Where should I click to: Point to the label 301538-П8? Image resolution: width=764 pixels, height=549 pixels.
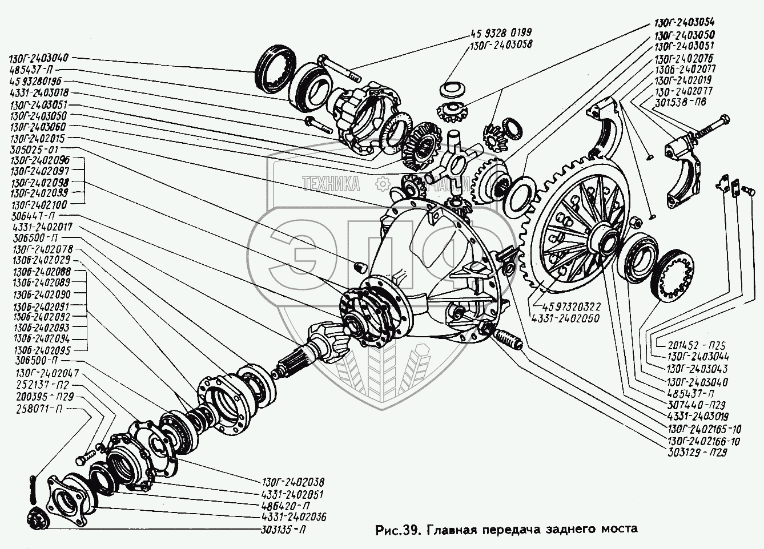point(673,102)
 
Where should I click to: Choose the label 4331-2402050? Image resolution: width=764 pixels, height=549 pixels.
point(565,318)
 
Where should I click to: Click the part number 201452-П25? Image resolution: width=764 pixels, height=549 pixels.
point(688,345)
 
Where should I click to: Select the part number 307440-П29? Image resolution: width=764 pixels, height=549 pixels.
point(688,405)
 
